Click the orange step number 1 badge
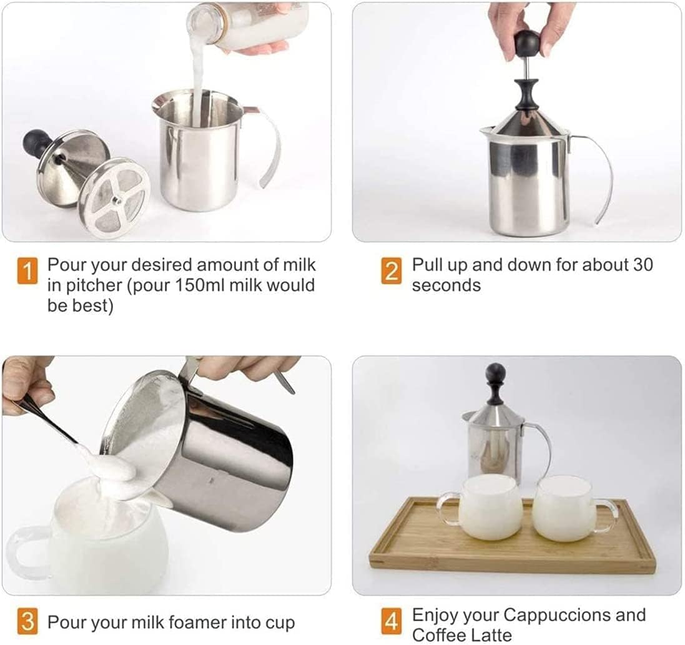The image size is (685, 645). [x=27, y=271]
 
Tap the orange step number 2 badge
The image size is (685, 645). [x=391, y=271]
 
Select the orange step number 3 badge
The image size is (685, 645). [x=27, y=622]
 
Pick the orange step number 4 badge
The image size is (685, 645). [x=391, y=622]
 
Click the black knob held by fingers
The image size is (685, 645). [x=526, y=42]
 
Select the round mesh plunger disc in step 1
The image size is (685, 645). [x=114, y=197]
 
